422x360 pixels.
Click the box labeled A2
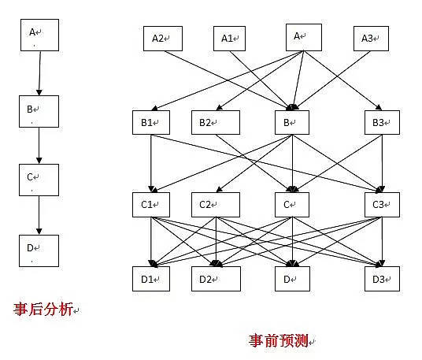tap(163, 39)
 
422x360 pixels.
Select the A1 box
tap(229, 39)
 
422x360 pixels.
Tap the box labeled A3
tap(371, 39)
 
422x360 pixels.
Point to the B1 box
tap(151, 123)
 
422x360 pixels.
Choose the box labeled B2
tap(216, 123)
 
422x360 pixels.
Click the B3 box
tap(382, 123)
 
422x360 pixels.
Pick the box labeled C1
tap(151, 205)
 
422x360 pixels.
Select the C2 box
tap(216, 205)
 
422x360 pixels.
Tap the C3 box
tap(382, 205)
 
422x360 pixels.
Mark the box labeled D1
tap(151, 279)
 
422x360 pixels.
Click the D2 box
tap(216, 279)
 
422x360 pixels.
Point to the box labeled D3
tap(382, 279)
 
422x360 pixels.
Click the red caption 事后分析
tap(43, 309)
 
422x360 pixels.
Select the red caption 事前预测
tap(279, 340)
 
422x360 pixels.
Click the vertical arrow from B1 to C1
tap(151, 163)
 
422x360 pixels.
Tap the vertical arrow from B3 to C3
tap(382, 163)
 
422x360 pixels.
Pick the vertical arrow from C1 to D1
tap(151, 242)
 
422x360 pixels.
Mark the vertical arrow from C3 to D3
tap(382, 242)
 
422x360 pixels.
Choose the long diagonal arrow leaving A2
tap(228, 80)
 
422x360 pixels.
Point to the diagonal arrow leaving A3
tap(333, 80)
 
